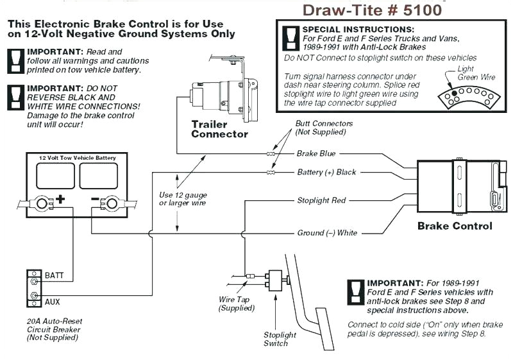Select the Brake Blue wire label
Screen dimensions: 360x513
coord(316,154)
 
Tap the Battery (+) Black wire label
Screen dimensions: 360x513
coord(326,172)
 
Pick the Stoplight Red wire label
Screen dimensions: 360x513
coord(321,200)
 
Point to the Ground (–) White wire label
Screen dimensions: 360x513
coord(327,233)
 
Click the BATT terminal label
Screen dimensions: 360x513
coord(54,275)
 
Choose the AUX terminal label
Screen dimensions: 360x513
coord(53,301)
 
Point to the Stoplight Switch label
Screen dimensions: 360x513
coord(280,339)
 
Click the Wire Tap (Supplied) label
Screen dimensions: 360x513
coord(236,304)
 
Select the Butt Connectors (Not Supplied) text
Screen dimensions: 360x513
coord(324,127)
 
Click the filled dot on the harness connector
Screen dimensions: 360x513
coord(454,94)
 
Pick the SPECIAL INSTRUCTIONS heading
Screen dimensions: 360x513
coord(358,30)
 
